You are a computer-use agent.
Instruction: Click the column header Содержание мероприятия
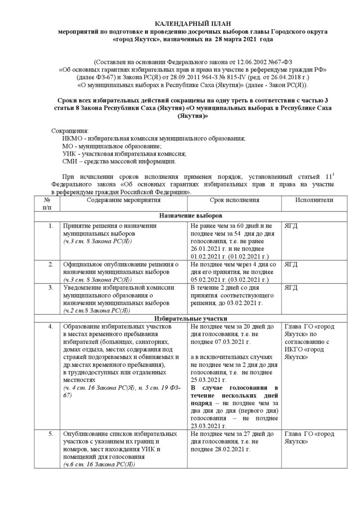tap(123, 200)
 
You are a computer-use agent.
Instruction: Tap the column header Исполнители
tap(307, 200)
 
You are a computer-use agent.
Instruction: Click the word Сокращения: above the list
tap(69, 131)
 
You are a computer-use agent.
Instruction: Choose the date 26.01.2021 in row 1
tap(207, 249)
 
